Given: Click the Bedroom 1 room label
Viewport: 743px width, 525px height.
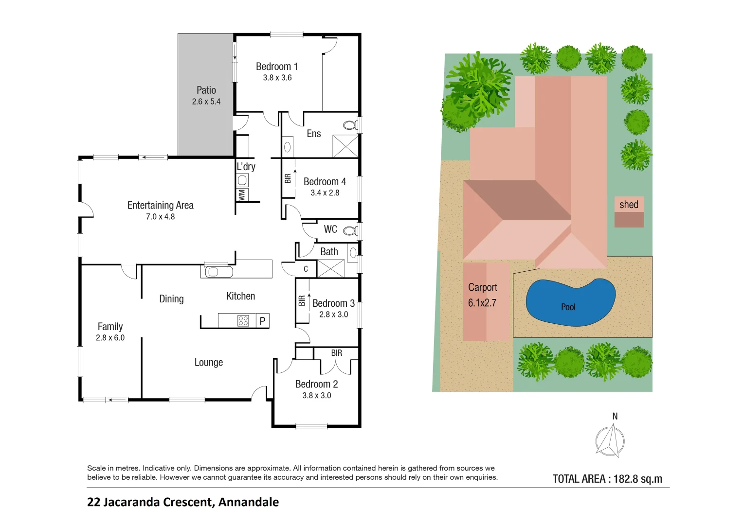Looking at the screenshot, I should pos(276,67).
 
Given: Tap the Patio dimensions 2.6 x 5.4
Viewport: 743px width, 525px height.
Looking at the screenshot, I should pos(206,102).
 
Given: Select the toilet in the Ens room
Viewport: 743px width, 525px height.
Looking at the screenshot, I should pos(349,125).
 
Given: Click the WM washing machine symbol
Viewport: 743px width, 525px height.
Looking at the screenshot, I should pos(242,195).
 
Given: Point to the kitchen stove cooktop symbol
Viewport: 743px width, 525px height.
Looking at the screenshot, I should pos(243,320).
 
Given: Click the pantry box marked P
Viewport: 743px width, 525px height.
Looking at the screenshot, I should pos(262,321).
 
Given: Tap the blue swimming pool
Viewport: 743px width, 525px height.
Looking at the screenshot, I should pos(570,302).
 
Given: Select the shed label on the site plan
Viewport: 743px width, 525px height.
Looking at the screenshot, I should pos(629,205).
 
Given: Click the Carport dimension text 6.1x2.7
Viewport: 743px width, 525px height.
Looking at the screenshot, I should pos(482,303).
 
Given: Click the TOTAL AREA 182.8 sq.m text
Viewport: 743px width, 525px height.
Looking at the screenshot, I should pos(607,479).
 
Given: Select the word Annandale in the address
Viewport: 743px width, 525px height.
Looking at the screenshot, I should pos(248,502).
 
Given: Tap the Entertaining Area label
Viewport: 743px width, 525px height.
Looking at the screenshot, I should pos(160,205).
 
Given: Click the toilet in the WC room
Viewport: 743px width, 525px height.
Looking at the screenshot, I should pos(350,230).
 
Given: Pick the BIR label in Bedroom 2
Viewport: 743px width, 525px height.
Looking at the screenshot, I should pos(336,353).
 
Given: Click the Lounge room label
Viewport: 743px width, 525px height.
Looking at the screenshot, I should pos(208,362).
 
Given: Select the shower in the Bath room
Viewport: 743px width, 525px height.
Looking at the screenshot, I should pos(331,269).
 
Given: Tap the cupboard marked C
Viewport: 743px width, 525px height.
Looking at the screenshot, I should pos(306,269).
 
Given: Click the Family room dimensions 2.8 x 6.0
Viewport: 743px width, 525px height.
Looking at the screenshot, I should pos(110,338).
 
